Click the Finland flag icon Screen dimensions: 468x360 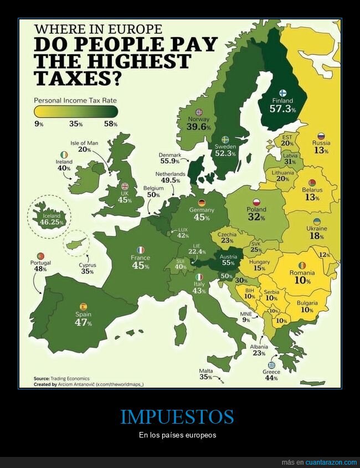tap(281, 92)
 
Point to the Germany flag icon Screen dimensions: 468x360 tap(202, 202)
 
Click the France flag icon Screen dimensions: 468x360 tap(141, 250)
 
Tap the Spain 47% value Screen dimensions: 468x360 tap(83, 323)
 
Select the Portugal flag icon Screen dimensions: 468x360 tap(42, 255)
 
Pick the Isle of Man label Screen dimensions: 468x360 tap(84, 143)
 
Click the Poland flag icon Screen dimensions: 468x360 tap(256, 202)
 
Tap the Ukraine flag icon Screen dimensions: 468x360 tap(316, 221)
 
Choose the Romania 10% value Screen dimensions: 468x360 tap(302, 281)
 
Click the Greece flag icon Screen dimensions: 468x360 tap(271, 365)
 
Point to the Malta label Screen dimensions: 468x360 tap(205, 371)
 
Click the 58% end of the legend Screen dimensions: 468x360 tap(111, 124)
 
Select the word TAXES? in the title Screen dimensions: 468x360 tap(78, 79)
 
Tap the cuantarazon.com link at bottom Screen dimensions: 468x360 tap(331, 462)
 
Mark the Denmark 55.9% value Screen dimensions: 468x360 tap(170, 161)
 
